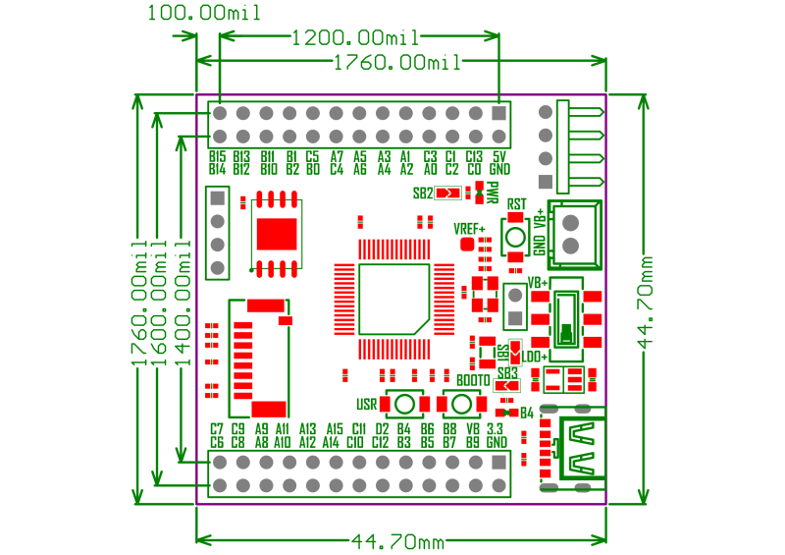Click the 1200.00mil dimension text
[x=355, y=38]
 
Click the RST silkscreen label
[x=517, y=204]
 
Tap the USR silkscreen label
[x=367, y=404]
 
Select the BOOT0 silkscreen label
[x=473, y=380]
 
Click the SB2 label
[x=423, y=194]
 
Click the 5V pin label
[x=499, y=156]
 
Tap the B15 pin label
[x=218, y=156]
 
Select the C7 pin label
[x=218, y=429]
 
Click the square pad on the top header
[x=499, y=113]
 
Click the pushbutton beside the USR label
[x=403, y=404]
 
